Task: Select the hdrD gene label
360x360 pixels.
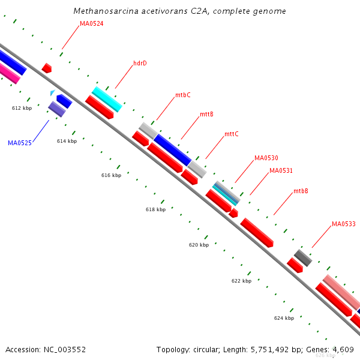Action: tap(140, 63)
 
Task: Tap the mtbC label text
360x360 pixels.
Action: tap(183, 95)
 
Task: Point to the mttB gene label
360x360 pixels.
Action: tap(206, 114)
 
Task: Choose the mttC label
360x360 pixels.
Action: tap(231, 134)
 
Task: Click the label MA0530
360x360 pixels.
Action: tap(266, 158)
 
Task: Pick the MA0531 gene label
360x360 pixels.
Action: tap(281, 170)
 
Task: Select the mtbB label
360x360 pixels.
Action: tap(301, 191)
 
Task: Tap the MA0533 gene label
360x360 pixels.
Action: tap(344, 224)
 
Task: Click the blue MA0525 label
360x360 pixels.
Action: tap(20, 143)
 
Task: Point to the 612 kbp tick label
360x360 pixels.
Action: tap(22, 108)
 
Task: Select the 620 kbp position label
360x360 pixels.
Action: tap(199, 245)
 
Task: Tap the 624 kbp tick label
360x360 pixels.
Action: tap(284, 318)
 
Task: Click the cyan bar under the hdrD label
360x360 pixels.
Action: tap(107, 99)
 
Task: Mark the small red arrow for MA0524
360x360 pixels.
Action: tap(46, 68)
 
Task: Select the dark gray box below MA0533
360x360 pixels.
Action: tap(303, 258)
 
